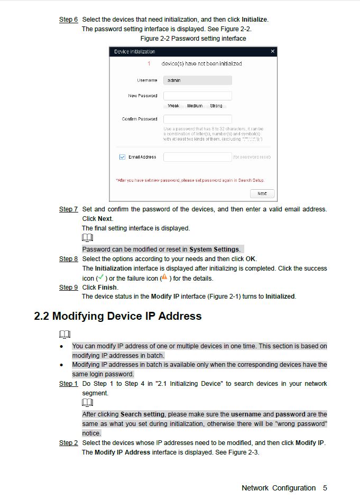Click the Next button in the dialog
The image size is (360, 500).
tap(262, 193)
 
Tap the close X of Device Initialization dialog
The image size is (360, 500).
tap(272, 51)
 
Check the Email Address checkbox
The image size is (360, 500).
tap(122, 157)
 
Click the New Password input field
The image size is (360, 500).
tap(197, 96)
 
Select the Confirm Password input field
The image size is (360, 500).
tap(197, 119)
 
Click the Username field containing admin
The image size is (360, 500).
tap(197, 80)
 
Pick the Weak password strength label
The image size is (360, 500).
tap(173, 106)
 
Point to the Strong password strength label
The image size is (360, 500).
tap(216, 106)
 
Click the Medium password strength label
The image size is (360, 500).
tap(195, 106)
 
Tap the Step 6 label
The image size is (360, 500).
tap(68, 20)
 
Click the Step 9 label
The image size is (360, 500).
tap(68, 288)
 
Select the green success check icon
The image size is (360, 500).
tap(100, 277)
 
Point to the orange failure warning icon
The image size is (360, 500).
tap(164, 277)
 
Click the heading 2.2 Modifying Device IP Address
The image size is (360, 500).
tap(118, 316)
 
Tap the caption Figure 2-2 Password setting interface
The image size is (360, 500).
tap(193, 39)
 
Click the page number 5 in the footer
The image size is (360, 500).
tap(325, 488)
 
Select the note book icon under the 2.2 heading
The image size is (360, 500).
tap(64, 334)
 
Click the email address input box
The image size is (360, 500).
tap(197, 157)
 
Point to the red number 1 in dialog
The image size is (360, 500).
tap(149, 63)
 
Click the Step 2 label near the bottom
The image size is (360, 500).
tap(68, 443)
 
